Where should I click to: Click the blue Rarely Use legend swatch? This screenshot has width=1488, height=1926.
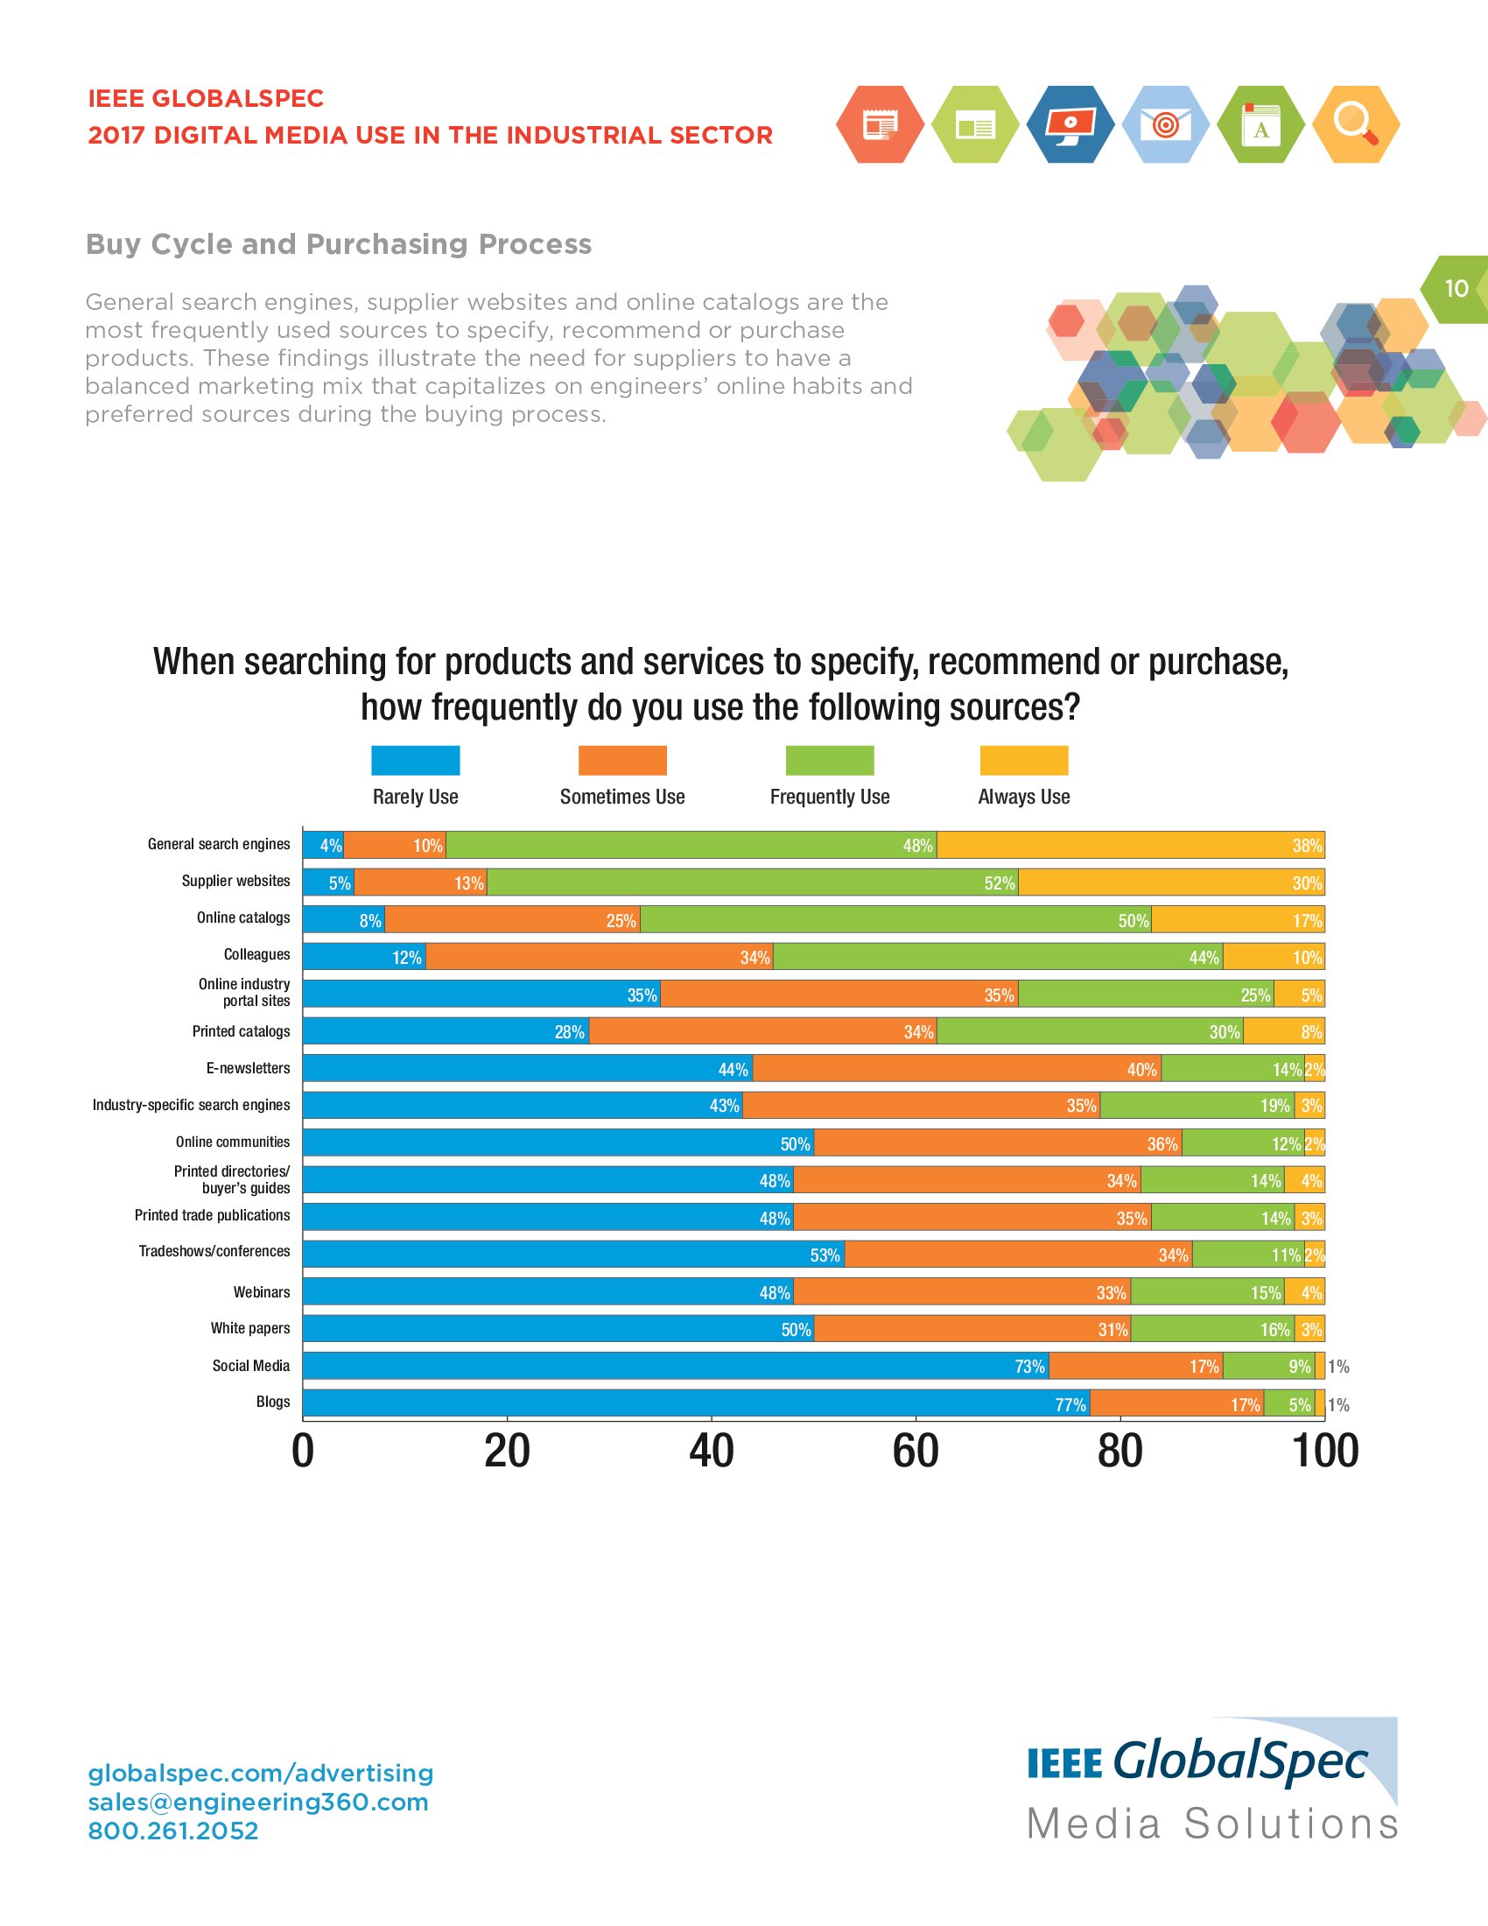415,760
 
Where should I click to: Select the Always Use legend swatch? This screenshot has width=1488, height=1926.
1023,760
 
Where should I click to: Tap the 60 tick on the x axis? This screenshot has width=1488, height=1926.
915,1452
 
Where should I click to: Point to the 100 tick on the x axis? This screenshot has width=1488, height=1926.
1325,1452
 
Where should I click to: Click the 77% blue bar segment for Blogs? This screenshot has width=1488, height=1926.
696,1403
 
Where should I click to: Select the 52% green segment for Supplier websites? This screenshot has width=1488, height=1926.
752,882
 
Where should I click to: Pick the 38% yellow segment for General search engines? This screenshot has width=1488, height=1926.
1130,845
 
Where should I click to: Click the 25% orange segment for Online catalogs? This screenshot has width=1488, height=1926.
512,920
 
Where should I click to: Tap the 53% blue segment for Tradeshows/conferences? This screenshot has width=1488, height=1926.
573,1254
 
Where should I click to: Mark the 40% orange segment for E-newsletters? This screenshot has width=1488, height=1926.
957,1069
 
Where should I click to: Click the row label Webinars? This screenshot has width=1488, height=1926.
261,1292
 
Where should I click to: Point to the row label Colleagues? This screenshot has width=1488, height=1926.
256,954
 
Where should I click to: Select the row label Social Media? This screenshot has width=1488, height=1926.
250,1365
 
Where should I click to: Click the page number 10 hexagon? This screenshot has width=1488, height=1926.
1456,288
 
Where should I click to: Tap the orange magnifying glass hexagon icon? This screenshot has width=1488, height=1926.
1355,124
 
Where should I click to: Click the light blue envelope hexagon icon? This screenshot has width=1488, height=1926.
1164,124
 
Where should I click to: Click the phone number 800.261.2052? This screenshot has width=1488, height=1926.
172,1831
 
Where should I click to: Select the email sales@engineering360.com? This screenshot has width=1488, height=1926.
257,1802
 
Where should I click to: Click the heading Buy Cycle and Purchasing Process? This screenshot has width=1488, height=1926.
339,244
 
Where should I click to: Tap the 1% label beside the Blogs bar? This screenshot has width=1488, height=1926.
1338,1405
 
